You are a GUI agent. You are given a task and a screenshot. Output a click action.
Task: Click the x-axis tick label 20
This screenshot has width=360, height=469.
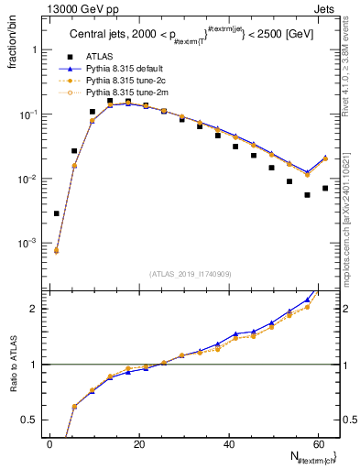click(x=138, y=443)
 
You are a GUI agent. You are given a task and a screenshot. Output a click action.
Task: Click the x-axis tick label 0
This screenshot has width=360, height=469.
click(x=49, y=443)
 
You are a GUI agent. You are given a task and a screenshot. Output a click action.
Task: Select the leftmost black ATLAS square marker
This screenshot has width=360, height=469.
click(x=57, y=213)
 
